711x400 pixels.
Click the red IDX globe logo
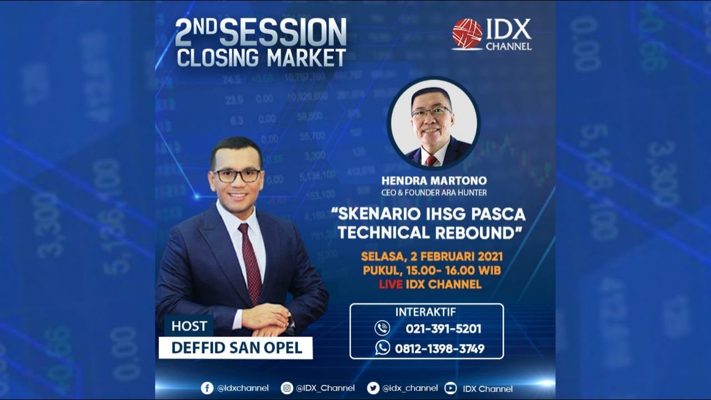467,34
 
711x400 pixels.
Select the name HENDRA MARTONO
434,181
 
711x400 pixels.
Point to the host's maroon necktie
250,261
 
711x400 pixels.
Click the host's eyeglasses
238,176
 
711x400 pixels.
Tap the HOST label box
189,326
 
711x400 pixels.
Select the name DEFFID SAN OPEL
237,348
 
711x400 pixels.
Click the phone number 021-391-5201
443,328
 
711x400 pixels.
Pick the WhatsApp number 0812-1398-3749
439,348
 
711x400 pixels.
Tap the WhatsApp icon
382,348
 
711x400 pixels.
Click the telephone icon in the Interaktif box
382,328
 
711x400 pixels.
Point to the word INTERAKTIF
425,312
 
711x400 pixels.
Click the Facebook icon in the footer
207,388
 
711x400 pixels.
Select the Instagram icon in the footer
287,388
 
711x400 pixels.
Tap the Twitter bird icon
373,388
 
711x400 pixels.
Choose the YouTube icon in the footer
450,388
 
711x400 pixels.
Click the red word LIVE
390,284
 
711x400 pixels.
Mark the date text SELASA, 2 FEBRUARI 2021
432,257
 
